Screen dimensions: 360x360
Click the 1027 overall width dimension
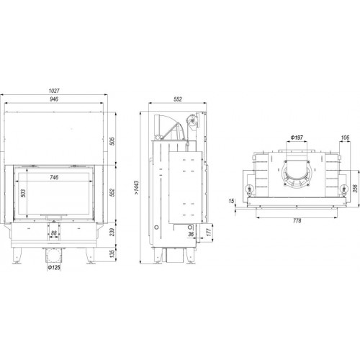coord(54,91)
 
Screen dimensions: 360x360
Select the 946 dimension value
coord(54,99)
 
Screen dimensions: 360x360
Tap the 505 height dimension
coord(112,141)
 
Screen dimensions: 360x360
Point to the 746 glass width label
coord(54,177)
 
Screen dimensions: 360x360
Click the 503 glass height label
coord(23,193)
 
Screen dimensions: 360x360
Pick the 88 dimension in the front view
coord(54,233)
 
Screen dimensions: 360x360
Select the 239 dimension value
coord(112,232)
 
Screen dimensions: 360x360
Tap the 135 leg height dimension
coord(112,253)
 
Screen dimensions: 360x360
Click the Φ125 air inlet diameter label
coord(54,267)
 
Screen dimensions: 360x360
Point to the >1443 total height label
coord(137,187)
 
